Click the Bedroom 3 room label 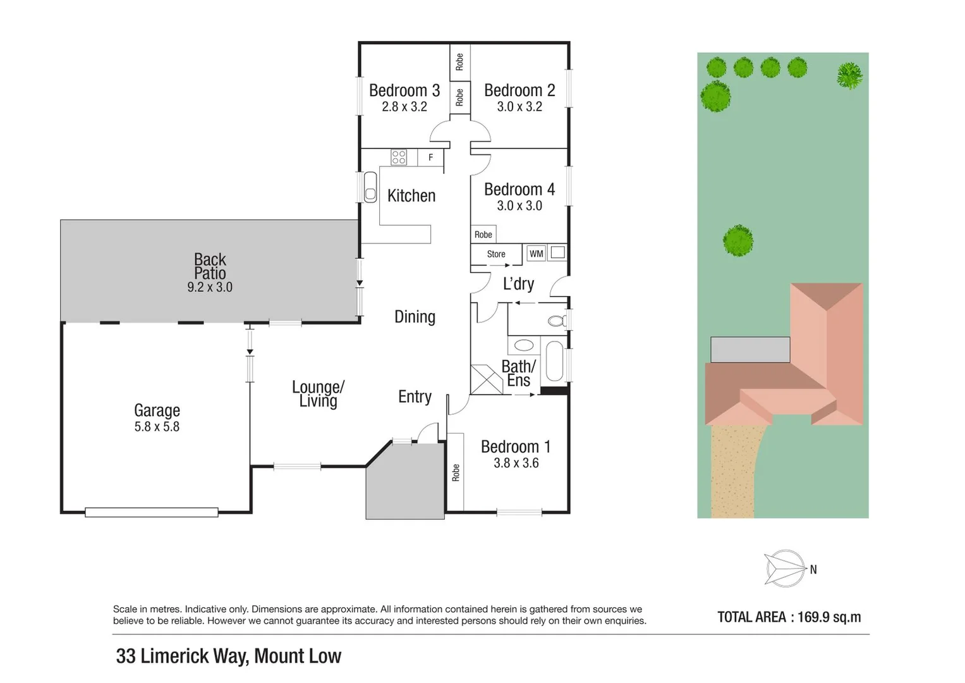(404, 90)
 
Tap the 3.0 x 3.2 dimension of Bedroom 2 (519, 107)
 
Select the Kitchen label (411, 196)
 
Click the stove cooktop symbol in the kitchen (398, 157)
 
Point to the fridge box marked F (431, 157)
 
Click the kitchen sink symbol (370, 187)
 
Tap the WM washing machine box (536, 254)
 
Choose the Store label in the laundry (496, 254)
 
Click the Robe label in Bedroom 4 (483, 235)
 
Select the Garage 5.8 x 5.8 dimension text (157, 427)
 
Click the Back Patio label (210, 266)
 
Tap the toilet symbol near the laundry (557, 321)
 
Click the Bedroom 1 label (516, 447)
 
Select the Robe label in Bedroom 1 (456, 472)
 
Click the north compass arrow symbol (785, 568)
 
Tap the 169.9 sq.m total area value (829, 617)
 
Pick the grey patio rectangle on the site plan (750, 349)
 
